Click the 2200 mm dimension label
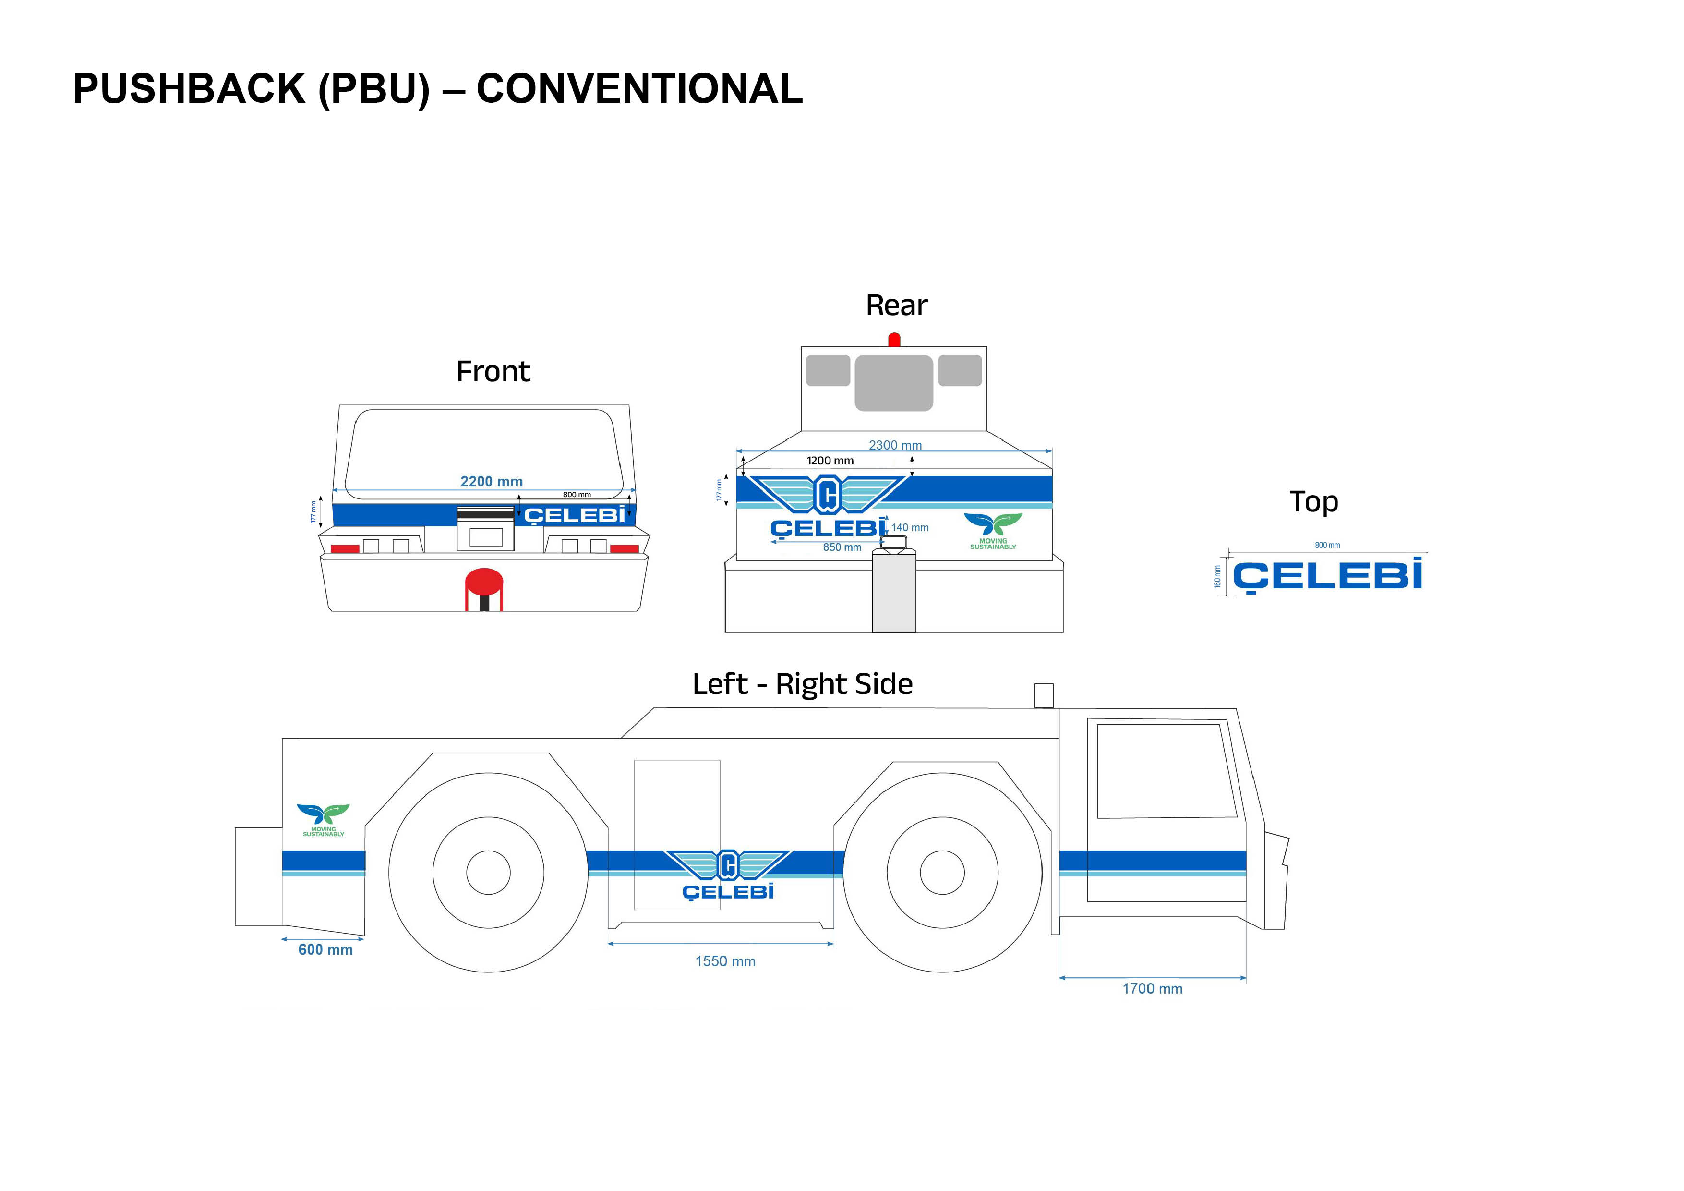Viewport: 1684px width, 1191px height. coord(492,481)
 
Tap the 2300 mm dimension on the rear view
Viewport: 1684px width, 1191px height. coord(895,445)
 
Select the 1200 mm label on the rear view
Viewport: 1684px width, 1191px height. coord(830,461)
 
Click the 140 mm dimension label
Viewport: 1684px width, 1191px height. coord(910,528)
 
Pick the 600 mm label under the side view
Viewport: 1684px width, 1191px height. coord(325,949)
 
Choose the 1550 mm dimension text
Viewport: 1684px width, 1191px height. coord(725,961)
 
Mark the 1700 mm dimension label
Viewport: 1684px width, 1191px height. coord(1152,988)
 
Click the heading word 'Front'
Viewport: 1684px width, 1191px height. coord(493,371)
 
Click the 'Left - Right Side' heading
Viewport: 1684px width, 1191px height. coord(802,684)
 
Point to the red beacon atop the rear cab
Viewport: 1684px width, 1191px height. coord(894,340)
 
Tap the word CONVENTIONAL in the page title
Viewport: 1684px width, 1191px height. coord(639,89)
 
